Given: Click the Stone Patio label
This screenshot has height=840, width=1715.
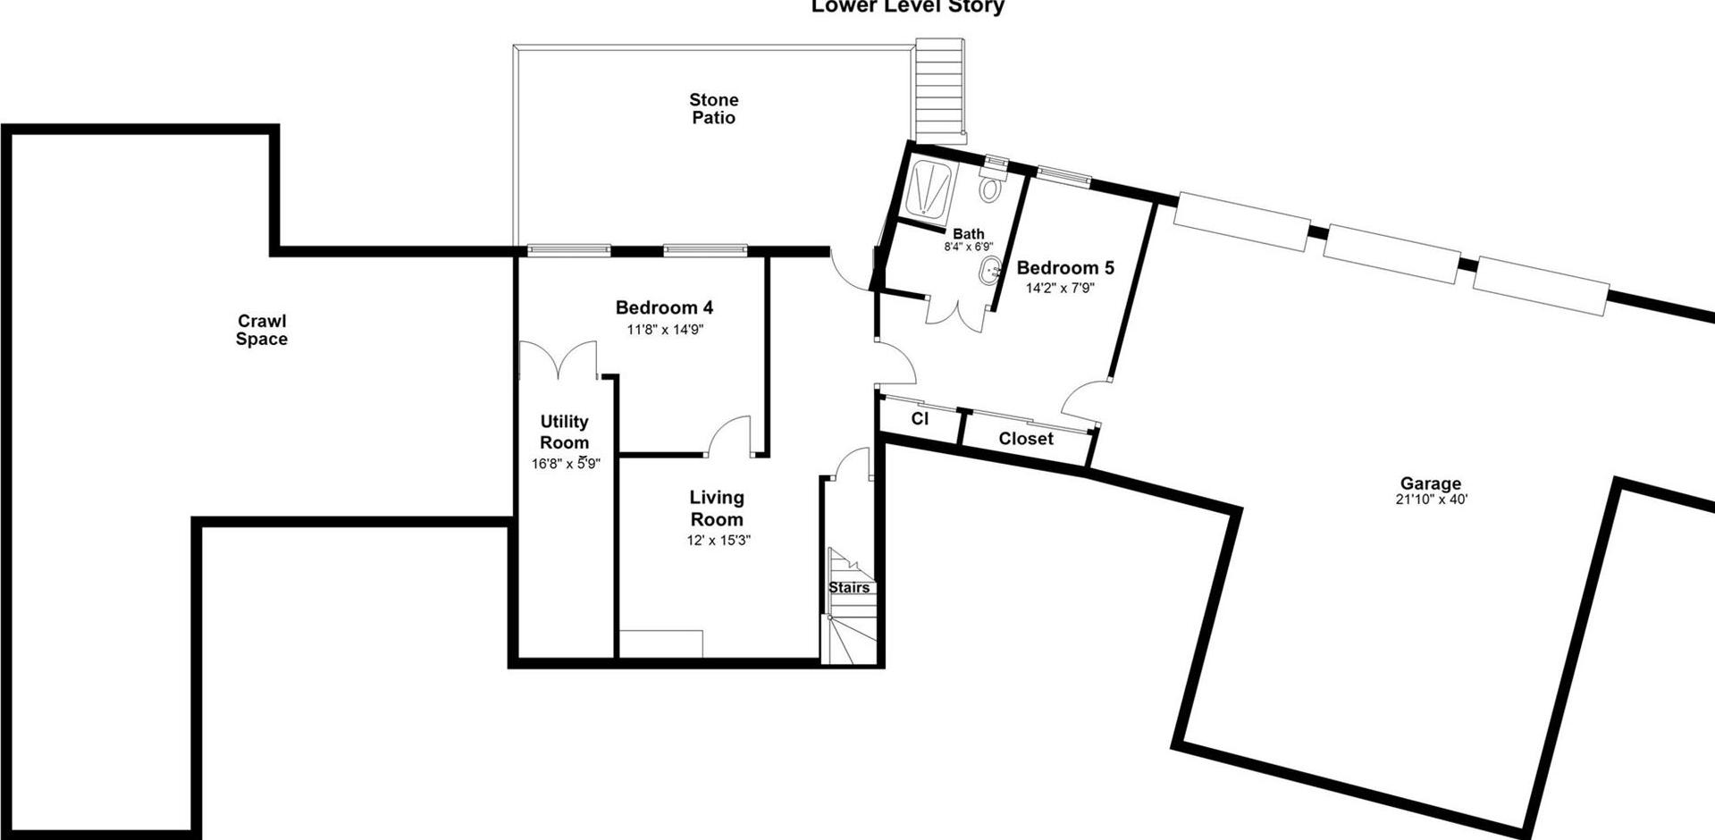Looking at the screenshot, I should click(713, 109).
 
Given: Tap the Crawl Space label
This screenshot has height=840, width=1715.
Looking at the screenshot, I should click(262, 330).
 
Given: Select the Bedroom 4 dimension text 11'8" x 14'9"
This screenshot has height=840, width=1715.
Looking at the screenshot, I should click(665, 330).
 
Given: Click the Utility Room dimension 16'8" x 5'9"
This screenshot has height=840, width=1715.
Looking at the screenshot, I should click(565, 464).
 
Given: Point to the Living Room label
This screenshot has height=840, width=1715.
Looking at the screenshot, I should click(717, 508).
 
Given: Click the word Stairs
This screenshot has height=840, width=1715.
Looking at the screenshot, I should click(849, 587).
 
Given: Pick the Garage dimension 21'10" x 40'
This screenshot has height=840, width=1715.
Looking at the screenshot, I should click(1431, 500).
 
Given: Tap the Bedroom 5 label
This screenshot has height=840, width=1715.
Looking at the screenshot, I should click(1065, 267).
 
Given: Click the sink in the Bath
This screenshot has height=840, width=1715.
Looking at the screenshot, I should click(990, 271).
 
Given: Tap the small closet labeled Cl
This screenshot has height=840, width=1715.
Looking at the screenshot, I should click(920, 418).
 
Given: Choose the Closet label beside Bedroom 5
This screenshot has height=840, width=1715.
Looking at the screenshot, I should click(1025, 439).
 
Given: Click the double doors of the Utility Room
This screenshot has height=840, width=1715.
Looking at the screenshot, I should click(559, 360).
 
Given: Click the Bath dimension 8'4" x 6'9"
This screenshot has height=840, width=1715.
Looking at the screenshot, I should click(969, 247).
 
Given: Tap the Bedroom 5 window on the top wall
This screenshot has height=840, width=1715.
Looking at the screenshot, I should click(1063, 176).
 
